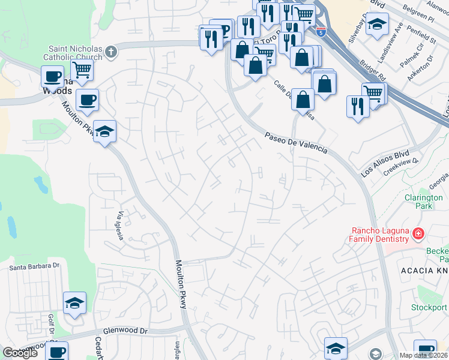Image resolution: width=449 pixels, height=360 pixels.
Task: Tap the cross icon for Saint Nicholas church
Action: (x=110, y=53)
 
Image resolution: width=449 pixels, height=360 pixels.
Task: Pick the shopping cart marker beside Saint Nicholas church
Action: (x=82, y=71)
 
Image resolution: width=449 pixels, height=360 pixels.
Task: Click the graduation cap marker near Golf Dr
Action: (x=74, y=304)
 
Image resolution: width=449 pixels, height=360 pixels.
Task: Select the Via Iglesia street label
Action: (x=121, y=226)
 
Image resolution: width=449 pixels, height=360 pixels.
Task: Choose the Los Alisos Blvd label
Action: (x=381, y=164)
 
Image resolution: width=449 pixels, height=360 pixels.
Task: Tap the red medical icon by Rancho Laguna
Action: (x=418, y=233)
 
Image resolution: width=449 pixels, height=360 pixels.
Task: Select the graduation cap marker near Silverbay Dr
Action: (x=377, y=25)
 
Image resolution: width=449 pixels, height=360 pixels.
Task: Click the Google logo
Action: (x=20, y=353)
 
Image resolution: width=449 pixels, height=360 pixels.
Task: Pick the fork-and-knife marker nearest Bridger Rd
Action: (x=358, y=107)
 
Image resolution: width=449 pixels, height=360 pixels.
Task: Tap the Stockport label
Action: (x=430, y=308)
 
